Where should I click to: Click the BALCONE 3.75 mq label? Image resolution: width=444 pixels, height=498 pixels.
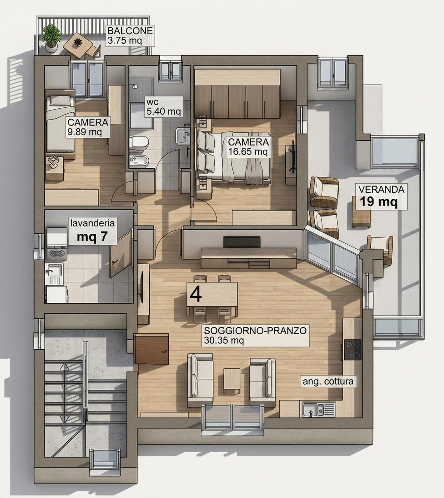click(130, 35)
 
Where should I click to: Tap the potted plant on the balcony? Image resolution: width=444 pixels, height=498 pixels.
click(51, 37)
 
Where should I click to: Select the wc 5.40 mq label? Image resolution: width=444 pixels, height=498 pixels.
click(164, 106)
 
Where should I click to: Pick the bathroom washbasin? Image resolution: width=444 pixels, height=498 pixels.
click(182, 136)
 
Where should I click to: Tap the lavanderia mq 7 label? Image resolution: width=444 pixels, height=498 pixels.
click(92, 230)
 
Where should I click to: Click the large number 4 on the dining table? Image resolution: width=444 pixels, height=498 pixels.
click(196, 294)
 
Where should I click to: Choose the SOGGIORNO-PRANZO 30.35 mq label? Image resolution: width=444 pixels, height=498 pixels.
click(255, 335)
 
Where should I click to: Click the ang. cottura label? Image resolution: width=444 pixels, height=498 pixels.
click(328, 381)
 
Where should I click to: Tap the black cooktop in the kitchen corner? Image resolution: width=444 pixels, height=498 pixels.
click(353, 350)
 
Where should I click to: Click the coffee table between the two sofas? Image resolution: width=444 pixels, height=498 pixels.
click(232, 381)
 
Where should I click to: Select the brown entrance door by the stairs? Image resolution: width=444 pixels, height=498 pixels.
click(151, 349)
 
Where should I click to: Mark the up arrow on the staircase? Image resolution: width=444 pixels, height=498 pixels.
click(65, 367)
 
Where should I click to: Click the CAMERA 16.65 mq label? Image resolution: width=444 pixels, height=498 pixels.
click(248, 147)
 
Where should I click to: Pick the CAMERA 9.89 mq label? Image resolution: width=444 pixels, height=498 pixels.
click(88, 127)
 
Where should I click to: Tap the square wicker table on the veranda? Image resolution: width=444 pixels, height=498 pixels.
click(361, 216)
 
